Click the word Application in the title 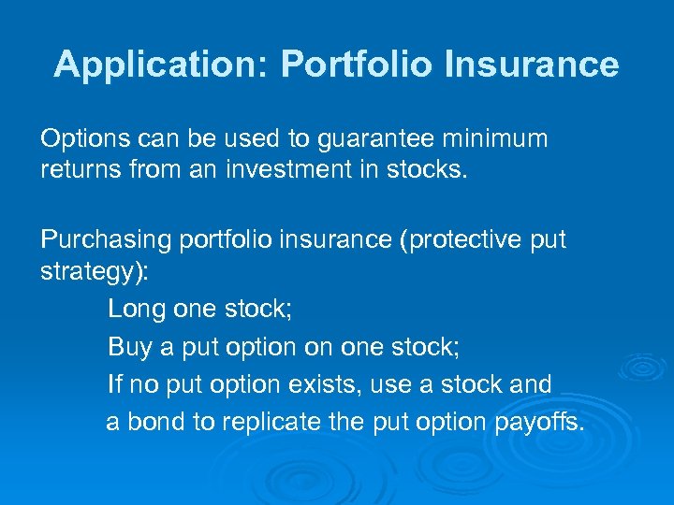tap(160, 65)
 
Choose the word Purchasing tap(99, 239)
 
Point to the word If tap(114, 384)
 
